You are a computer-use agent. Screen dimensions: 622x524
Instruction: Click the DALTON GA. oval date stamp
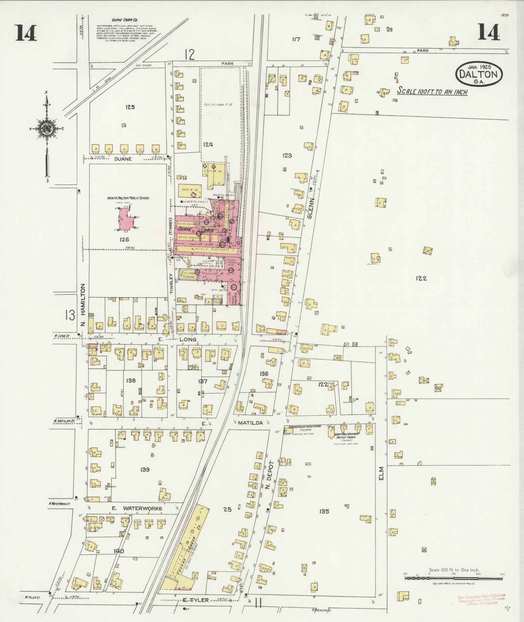pyautogui.click(x=479, y=74)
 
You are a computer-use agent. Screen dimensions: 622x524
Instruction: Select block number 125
pyautogui.click(x=130, y=107)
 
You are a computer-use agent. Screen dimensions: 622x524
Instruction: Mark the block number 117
pyautogui.click(x=296, y=40)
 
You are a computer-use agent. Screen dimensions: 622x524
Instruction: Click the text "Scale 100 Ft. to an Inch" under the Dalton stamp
pyautogui.click(x=432, y=92)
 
